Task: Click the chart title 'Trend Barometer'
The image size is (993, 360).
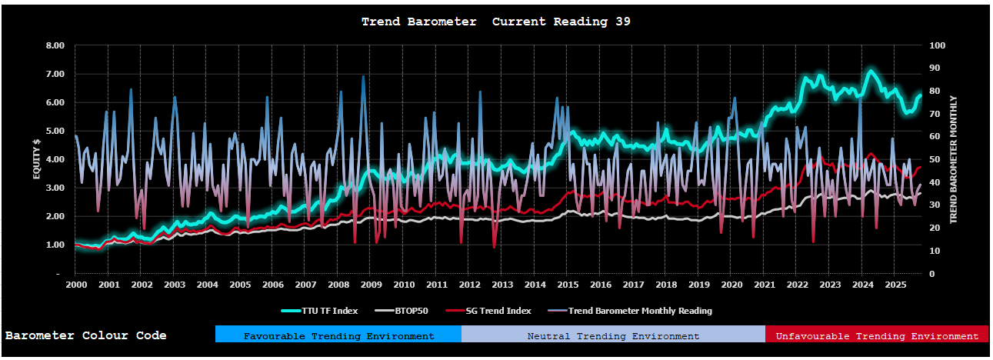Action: pos(419,22)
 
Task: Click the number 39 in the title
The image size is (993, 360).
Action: pos(623,22)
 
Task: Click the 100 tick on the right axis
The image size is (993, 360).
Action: pos(937,45)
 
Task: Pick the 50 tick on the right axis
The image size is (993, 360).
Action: pos(934,159)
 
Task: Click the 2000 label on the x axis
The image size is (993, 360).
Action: pos(75,285)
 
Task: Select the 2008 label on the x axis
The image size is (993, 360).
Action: pos(338,285)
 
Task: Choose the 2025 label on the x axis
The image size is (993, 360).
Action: pos(895,285)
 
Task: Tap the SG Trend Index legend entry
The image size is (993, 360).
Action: pos(494,311)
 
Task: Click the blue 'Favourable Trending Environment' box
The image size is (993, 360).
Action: pos(338,335)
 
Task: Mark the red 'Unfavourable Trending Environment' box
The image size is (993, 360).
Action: pos(876,335)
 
